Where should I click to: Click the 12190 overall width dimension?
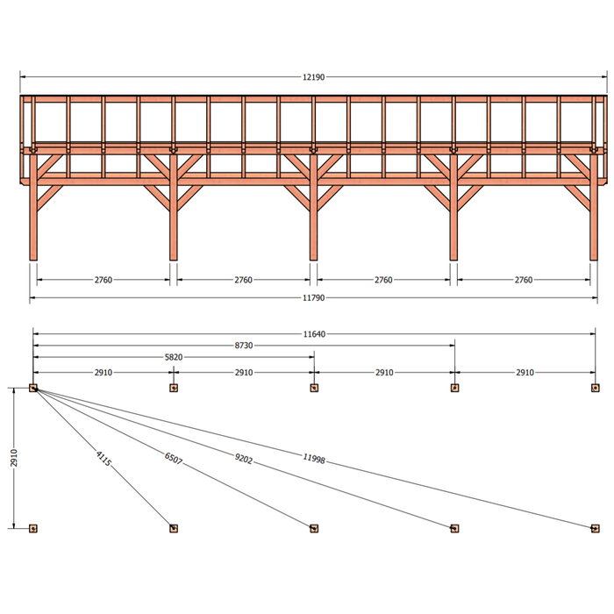point(313,77)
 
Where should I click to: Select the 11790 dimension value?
point(313,298)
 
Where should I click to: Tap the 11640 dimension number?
point(314,334)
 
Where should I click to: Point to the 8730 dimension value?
point(244,346)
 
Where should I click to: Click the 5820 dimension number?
point(174,357)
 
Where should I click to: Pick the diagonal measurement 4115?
point(104,459)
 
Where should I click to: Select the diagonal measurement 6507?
point(174,458)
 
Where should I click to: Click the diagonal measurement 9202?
point(244,459)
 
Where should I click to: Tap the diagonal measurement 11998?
point(314,459)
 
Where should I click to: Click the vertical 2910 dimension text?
point(14,458)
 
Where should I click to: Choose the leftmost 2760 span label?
point(104,280)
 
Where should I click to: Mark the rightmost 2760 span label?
point(524,280)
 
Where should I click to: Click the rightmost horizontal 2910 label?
point(525,373)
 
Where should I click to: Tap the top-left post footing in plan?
point(33,388)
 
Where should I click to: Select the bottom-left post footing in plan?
point(33,529)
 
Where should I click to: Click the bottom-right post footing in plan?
point(596,529)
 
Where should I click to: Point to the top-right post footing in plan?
point(596,388)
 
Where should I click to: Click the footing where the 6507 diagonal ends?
point(314,529)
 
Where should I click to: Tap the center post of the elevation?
point(313,208)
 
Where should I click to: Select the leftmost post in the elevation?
point(33,208)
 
